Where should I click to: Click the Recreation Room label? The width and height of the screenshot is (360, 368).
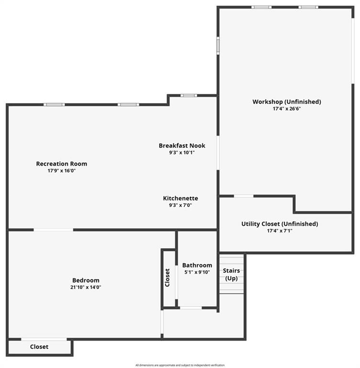coord(61,163)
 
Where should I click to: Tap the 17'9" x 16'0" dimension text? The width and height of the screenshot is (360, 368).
coord(61,171)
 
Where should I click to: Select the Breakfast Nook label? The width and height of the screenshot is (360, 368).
coord(182,146)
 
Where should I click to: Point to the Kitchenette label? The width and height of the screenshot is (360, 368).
coord(180,198)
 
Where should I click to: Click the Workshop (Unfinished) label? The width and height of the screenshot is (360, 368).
coord(287,102)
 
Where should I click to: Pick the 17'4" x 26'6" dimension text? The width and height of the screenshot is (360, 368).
coord(287,109)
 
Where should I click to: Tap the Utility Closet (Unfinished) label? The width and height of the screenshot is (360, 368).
coord(280,224)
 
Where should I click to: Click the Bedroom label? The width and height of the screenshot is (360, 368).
coord(86,280)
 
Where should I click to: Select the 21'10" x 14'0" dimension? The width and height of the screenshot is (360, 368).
coord(86,287)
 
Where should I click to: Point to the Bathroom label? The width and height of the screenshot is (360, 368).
coord(197,265)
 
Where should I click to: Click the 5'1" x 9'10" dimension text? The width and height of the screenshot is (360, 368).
coord(197,272)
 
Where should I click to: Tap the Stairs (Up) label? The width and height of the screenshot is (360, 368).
coord(232,275)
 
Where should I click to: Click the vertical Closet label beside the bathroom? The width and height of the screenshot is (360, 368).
coord(167,277)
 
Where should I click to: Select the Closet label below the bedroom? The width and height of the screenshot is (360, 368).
coord(39,346)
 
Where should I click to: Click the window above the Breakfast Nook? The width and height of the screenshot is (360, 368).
coord(189,95)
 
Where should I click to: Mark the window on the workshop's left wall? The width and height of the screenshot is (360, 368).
coord(218,46)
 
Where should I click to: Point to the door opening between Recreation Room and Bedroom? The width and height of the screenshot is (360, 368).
coord(54,230)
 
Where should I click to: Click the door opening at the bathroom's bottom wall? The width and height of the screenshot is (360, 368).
coord(191,308)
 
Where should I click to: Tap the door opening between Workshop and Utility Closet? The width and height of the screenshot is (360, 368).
coord(244,196)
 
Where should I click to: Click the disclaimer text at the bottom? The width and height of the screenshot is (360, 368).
coord(180,365)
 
